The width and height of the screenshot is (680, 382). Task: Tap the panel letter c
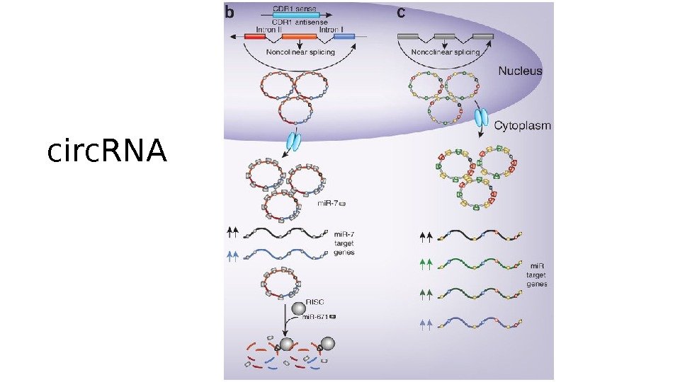[402, 12]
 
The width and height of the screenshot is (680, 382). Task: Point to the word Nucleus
[520, 70]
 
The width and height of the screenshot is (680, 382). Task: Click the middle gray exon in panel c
[445, 36]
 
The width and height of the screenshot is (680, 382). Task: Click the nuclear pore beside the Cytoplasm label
[482, 117]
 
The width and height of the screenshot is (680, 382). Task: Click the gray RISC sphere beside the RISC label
[298, 308]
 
